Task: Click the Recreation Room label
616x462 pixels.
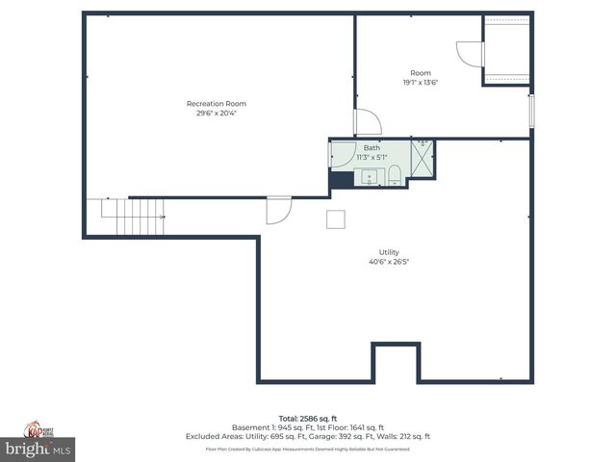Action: coord(217,103)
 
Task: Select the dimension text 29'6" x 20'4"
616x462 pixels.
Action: coord(217,113)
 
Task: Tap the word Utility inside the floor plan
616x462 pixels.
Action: coord(389,252)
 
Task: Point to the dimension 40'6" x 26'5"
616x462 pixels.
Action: coord(389,262)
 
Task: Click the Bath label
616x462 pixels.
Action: coord(371,147)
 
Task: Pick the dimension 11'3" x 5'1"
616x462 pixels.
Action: coord(371,157)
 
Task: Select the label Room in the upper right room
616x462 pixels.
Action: coord(421,73)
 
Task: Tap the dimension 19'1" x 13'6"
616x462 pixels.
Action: coord(421,83)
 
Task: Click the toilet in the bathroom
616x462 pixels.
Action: coord(394,175)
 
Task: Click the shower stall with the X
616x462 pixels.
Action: coord(423,157)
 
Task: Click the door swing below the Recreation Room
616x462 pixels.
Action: coord(277,209)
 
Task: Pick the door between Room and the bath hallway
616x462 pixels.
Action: coord(367,122)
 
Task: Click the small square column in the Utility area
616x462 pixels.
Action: coord(336,218)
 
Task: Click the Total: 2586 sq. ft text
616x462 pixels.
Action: coord(308,419)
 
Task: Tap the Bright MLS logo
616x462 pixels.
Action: coord(38,449)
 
